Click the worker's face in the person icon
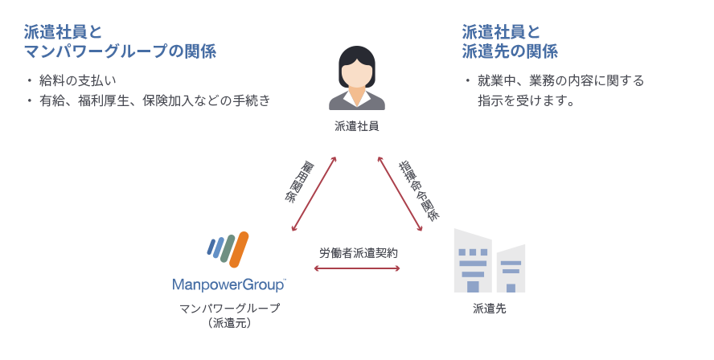pos(357,73)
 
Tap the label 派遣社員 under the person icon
pos(357,126)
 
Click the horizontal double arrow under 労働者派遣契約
pos(357,268)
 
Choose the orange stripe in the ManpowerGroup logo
pos(239,249)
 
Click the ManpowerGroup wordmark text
pos(228,284)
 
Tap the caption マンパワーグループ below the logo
pos(230,309)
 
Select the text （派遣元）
pos(230,323)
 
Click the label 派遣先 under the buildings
pos(490,309)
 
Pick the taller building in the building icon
pos(473,261)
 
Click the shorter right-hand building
pos(511,269)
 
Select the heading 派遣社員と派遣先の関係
pos(510,42)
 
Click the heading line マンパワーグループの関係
pos(120,51)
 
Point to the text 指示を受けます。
pos(525,101)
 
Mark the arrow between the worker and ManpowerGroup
pos(314,193)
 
